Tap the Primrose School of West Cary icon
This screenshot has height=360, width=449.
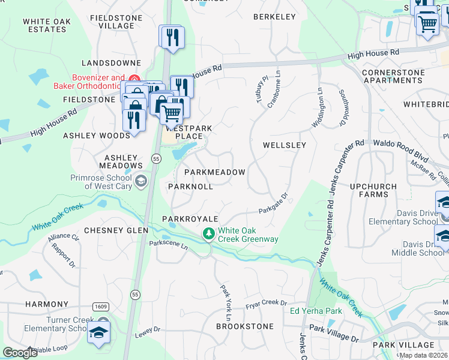tap(140, 181)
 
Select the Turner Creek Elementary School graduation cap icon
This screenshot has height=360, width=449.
tap(99, 334)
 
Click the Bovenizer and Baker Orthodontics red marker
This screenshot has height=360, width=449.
tap(134, 79)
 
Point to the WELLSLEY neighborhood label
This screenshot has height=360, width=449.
tap(285, 145)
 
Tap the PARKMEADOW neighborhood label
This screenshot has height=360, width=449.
tap(214, 172)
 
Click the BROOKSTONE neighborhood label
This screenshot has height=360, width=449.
tap(245, 327)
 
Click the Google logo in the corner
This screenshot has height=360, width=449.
tap(20, 352)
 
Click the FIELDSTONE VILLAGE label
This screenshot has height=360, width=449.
tap(112, 22)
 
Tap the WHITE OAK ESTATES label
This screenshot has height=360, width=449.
tap(47, 25)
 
